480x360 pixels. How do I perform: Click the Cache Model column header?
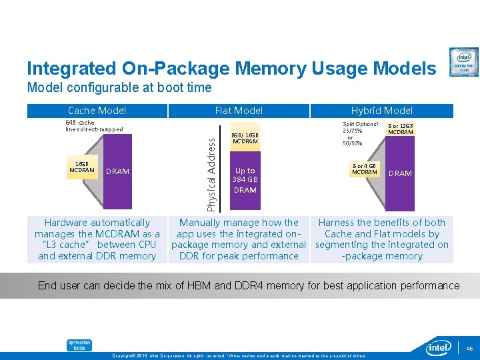(97, 111)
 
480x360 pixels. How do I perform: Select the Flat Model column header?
(239, 111)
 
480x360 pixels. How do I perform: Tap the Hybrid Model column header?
(382, 111)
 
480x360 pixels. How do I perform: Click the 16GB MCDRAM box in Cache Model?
(82, 167)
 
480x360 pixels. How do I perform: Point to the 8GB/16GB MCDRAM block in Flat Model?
(245, 138)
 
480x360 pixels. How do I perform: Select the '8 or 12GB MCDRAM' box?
(401, 128)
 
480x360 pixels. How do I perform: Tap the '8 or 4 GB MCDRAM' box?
(364, 169)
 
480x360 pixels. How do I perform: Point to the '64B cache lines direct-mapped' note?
(94, 126)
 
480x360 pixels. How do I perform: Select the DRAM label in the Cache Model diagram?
(117, 171)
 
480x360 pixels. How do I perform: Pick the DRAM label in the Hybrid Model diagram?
(400, 173)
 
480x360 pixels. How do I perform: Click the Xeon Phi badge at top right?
(463, 62)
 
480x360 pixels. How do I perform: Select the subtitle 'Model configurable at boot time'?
(119, 87)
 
